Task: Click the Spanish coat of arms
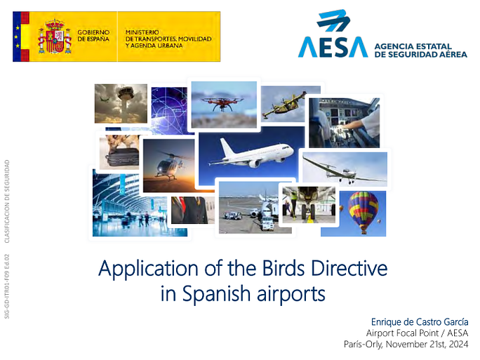[55, 36]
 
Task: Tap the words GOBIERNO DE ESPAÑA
[93, 36]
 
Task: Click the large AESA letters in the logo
[333, 47]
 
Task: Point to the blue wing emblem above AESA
[333, 20]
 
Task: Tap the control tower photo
[121, 103]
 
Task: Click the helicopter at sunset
[168, 166]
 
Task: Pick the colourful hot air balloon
[363, 212]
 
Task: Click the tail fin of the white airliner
[227, 148]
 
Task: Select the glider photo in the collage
[345, 169]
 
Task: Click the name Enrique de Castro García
[420, 322]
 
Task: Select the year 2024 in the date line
[458, 344]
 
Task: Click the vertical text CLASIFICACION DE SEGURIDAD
[7, 201]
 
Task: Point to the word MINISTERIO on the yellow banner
[142, 32]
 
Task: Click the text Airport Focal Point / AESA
[418, 333]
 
